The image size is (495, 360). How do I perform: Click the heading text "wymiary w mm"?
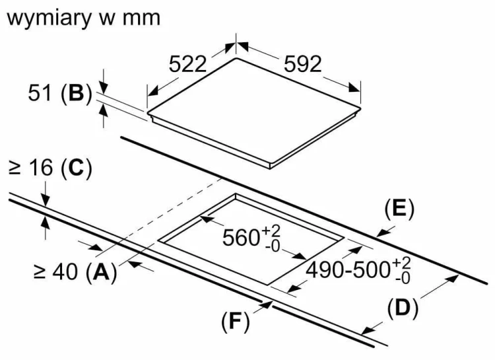[x=84, y=18]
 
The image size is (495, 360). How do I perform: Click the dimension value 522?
[x=187, y=64]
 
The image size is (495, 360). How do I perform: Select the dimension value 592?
[x=303, y=64]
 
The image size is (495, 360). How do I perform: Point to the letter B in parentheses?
[x=76, y=93]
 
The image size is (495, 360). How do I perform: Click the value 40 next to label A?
[x=65, y=271]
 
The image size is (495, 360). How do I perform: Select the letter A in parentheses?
[x=101, y=271]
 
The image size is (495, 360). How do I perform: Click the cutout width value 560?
[x=241, y=237]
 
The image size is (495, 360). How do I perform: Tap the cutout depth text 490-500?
[x=348, y=270]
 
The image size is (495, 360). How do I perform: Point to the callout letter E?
[x=399, y=209]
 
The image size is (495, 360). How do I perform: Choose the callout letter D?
[x=403, y=308]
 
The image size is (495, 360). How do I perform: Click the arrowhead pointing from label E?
[x=382, y=233]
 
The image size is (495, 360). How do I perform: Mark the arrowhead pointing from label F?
[x=267, y=305]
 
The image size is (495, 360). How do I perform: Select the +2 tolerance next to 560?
[x=271, y=231]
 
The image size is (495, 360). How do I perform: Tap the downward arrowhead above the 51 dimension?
[x=104, y=87]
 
